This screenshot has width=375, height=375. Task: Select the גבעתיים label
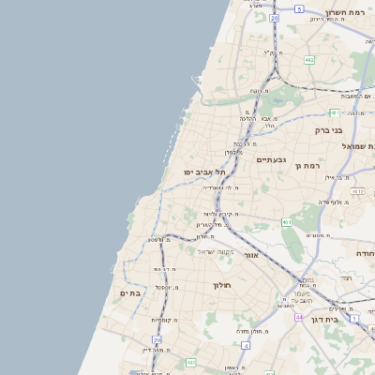(270, 160)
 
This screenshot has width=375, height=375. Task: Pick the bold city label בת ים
(130, 293)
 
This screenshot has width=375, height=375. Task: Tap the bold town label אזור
(250, 255)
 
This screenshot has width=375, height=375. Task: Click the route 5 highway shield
(299, 8)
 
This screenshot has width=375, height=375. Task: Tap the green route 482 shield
(309, 59)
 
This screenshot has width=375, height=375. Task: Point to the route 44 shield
(298, 317)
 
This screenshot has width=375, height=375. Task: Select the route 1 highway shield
(354, 318)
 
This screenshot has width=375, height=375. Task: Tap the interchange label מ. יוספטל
(167, 287)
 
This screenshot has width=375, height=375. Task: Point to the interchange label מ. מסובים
(316, 234)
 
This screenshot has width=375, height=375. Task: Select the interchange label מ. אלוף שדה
(332, 202)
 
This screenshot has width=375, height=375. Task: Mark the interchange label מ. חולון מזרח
(253, 331)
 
